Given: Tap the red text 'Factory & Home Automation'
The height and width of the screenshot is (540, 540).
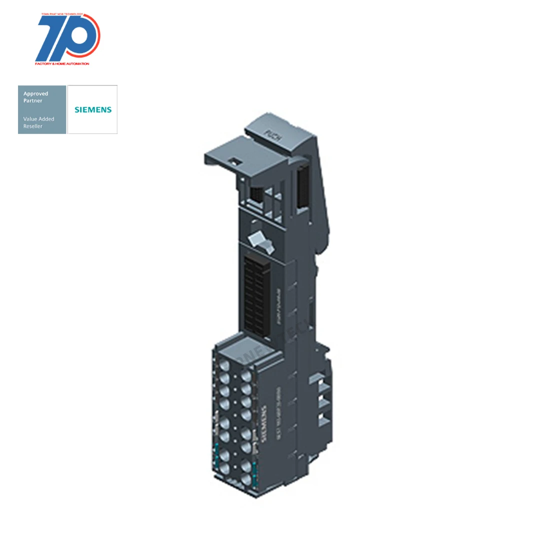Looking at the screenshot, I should [62, 64].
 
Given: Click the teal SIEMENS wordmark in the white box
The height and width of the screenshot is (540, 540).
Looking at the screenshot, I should [92, 109].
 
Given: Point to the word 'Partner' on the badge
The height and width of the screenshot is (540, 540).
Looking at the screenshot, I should [33, 100].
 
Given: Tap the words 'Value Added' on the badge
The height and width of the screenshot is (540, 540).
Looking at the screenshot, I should [39, 119].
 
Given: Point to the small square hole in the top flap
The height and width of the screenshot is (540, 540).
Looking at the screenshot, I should [232, 161].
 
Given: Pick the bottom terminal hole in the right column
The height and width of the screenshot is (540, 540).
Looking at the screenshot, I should [246, 479].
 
